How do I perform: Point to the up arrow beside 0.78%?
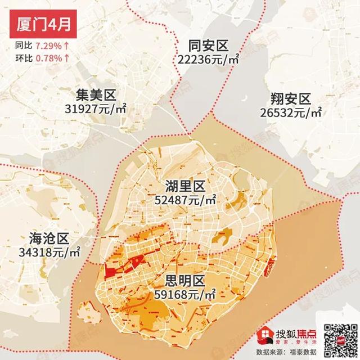pos(67,57)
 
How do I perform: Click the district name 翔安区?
pos(291,100)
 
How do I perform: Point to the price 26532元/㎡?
pos(291,112)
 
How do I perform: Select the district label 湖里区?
pos(187,186)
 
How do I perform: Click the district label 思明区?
pos(187,280)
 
